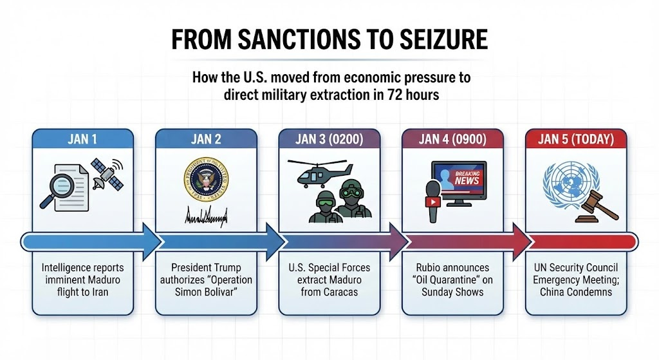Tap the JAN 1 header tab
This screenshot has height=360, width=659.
(82, 138)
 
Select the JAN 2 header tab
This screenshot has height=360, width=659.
(206, 138)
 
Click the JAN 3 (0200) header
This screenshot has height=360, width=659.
(329, 138)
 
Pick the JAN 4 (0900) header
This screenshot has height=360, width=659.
(452, 138)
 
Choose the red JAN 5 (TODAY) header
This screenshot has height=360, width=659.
(576, 138)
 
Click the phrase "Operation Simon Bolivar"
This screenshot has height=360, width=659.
(213, 286)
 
